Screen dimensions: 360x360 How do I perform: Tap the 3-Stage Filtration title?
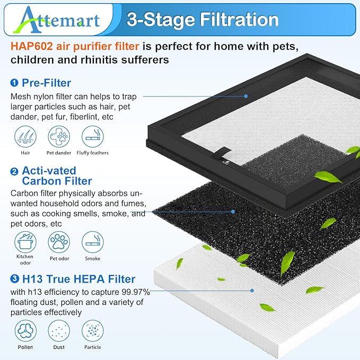click(x=203, y=20)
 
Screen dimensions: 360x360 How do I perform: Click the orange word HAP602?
click(x=30, y=47)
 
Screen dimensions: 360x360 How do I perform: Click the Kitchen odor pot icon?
click(x=24, y=242)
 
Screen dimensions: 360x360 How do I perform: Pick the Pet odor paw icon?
click(x=58, y=242)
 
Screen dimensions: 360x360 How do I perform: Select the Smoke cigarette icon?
click(x=92, y=242)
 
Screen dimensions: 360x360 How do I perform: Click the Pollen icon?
click(x=24, y=331)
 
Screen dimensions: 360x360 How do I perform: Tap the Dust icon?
click(x=58, y=331)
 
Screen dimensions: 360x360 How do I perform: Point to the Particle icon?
click(x=92, y=331)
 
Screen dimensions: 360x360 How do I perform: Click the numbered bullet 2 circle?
click(x=14, y=171)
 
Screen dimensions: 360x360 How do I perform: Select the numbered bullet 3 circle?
click(x=14, y=279)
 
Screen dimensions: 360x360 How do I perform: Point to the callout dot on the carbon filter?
click(x=233, y=211)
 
